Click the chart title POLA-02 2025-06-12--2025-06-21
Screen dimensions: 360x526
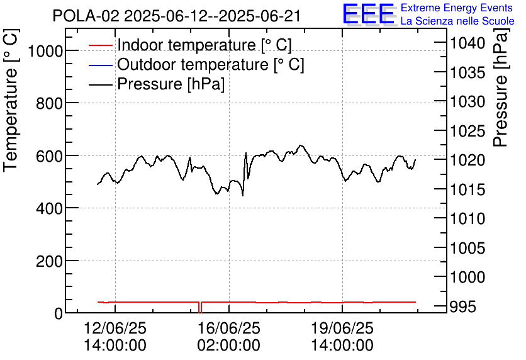coord(177,16)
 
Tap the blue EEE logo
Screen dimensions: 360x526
coord(369,14)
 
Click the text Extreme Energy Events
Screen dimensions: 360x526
coord(457,8)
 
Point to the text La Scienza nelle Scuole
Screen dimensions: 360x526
coord(457,21)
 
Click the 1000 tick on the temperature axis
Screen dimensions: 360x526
coord(40,51)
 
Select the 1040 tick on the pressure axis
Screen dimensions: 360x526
coord(467,43)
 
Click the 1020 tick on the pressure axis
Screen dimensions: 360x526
coord(467,160)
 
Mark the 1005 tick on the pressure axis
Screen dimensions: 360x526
coord(467,248)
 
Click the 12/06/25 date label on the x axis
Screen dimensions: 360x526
coord(115,329)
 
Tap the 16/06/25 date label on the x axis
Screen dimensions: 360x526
coord(228,329)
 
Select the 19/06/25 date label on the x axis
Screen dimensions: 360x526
coord(342,329)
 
